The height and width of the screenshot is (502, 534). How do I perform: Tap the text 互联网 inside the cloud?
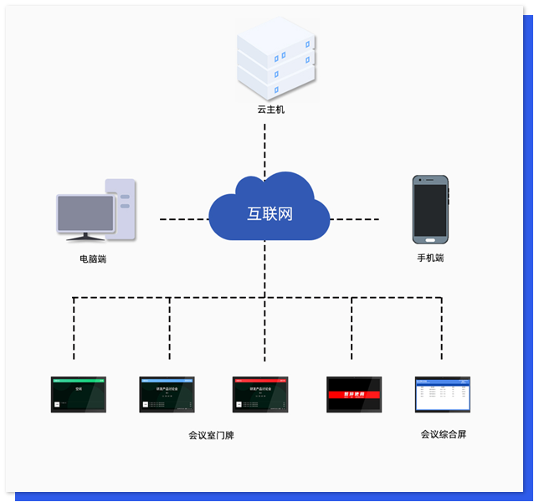pyautogui.click(x=270, y=213)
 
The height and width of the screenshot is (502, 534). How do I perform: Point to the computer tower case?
pyautogui.click(x=123, y=207)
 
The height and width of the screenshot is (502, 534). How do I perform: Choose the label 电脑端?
pyautogui.click(x=93, y=259)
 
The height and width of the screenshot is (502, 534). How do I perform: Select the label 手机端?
pyautogui.click(x=430, y=259)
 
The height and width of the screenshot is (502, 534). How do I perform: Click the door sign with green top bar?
pyautogui.click(x=79, y=394)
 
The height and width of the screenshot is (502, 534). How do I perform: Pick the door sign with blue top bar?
pyautogui.click(x=167, y=394)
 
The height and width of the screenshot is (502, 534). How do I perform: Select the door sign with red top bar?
pyautogui.click(x=260, y=394)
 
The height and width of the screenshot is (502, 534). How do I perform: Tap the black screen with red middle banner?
pyautogui.click(x=354, y=394)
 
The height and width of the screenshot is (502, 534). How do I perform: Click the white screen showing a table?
pyautogui.click(x=443, y=394)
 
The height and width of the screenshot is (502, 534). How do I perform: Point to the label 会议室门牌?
pyautogui.click(x=211, y=436)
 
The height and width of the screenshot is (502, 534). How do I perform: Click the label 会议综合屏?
pyautogui.click(x=443, y=434)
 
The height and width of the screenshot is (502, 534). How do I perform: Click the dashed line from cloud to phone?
pyautogui.click(x=355, y=220)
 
